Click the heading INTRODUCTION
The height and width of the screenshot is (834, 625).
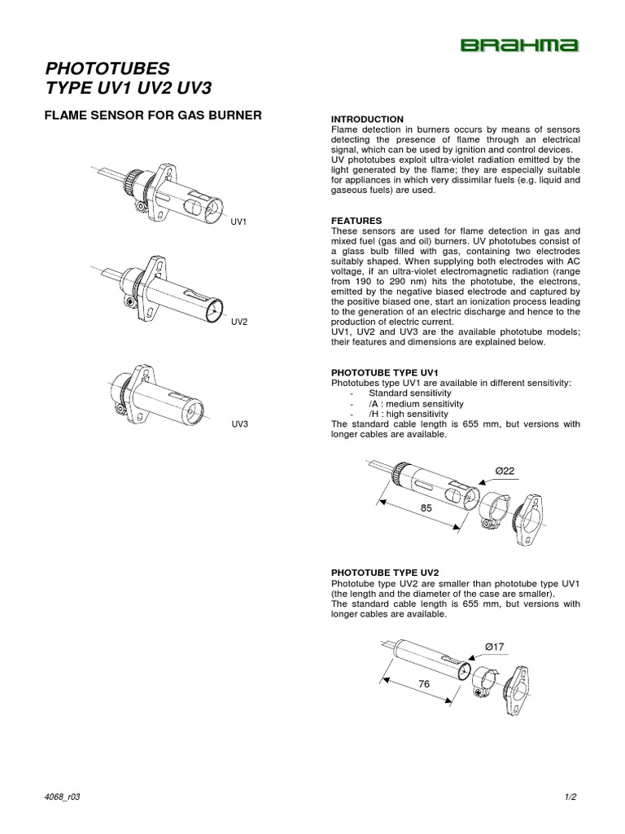(x=366, y=119)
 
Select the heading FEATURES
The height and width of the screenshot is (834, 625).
(x=356, y=221)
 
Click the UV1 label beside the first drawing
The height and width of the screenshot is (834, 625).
(x=238, y=221)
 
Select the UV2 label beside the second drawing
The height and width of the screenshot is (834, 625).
(x=238, y=323)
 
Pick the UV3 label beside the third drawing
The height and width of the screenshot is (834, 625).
(x=238, y=424)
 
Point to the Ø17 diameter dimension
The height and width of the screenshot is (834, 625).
(x=495, y=647)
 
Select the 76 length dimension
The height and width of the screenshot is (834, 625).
(x=424, y=685)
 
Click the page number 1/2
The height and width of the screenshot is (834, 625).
(x=570, y=797)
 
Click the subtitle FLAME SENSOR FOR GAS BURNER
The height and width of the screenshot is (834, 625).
(x=152, y=115)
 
